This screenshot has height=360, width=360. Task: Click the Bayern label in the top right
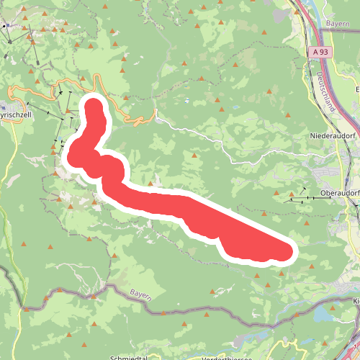tap(336, 24)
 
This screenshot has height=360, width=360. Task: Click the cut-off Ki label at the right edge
tap(356, 301)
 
